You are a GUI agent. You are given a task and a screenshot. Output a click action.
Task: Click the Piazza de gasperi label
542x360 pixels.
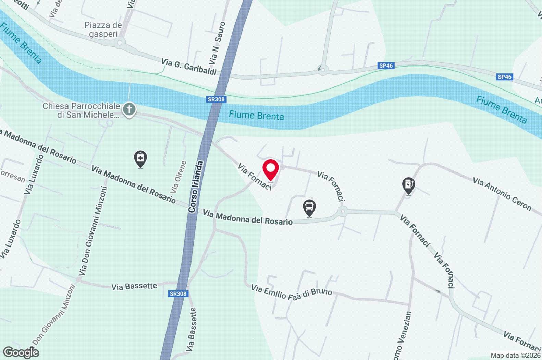pyautogui.click(x=103, y=29)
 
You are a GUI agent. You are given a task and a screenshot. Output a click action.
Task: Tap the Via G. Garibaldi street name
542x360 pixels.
pyautogui.click(x=189, y=67)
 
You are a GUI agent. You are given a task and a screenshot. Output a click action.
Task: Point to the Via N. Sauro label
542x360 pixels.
pyautogui.click(x=217, y=43)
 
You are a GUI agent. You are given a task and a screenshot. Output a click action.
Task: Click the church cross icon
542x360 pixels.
pyautogui.click(x=129, y=110)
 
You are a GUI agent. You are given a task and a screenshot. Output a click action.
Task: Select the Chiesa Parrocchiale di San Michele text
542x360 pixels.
pyautogui.click(x=81, y=110)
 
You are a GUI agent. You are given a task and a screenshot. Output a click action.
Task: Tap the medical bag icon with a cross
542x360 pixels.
pyautogui.click(x=140, y=158)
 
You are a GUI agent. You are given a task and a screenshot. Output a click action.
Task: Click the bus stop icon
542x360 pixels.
pyautogui.click(x=309, y=207)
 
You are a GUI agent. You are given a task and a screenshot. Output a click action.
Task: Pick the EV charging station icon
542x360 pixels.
pyautogui.click(x=408, y=185)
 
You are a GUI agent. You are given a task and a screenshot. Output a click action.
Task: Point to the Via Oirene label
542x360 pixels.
pyautogui.click(x=179, y=177)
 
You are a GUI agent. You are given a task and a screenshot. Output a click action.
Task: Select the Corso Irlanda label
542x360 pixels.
pyautogui.click(x=196, y=187)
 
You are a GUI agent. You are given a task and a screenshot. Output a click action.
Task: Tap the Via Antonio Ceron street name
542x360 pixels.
pyautogui.click(x=502, y=194)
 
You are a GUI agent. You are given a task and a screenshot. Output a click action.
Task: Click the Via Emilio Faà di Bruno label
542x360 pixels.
pyautogui.click(x=292, y=292)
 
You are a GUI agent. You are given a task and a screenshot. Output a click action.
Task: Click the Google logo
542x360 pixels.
pyautogui.click(x=21, y=352)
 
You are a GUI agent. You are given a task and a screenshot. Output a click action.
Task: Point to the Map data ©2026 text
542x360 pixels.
pyautogui.click(x=515, y=356)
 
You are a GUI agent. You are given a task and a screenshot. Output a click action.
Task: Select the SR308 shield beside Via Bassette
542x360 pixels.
pyautogui.click(x=178, y=293)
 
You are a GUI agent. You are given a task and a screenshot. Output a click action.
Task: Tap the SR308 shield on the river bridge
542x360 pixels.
pyautogui.click(x=216, y=99)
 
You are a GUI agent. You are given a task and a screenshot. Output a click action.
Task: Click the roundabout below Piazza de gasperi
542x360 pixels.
pyautogui.click(x=120, y=43)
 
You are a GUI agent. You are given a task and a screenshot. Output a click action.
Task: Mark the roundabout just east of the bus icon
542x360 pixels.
pyautogui.click(x=342, y=212)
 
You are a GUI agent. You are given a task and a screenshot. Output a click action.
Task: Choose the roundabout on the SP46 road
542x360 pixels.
pyautogui.click(x=322, y=70)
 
